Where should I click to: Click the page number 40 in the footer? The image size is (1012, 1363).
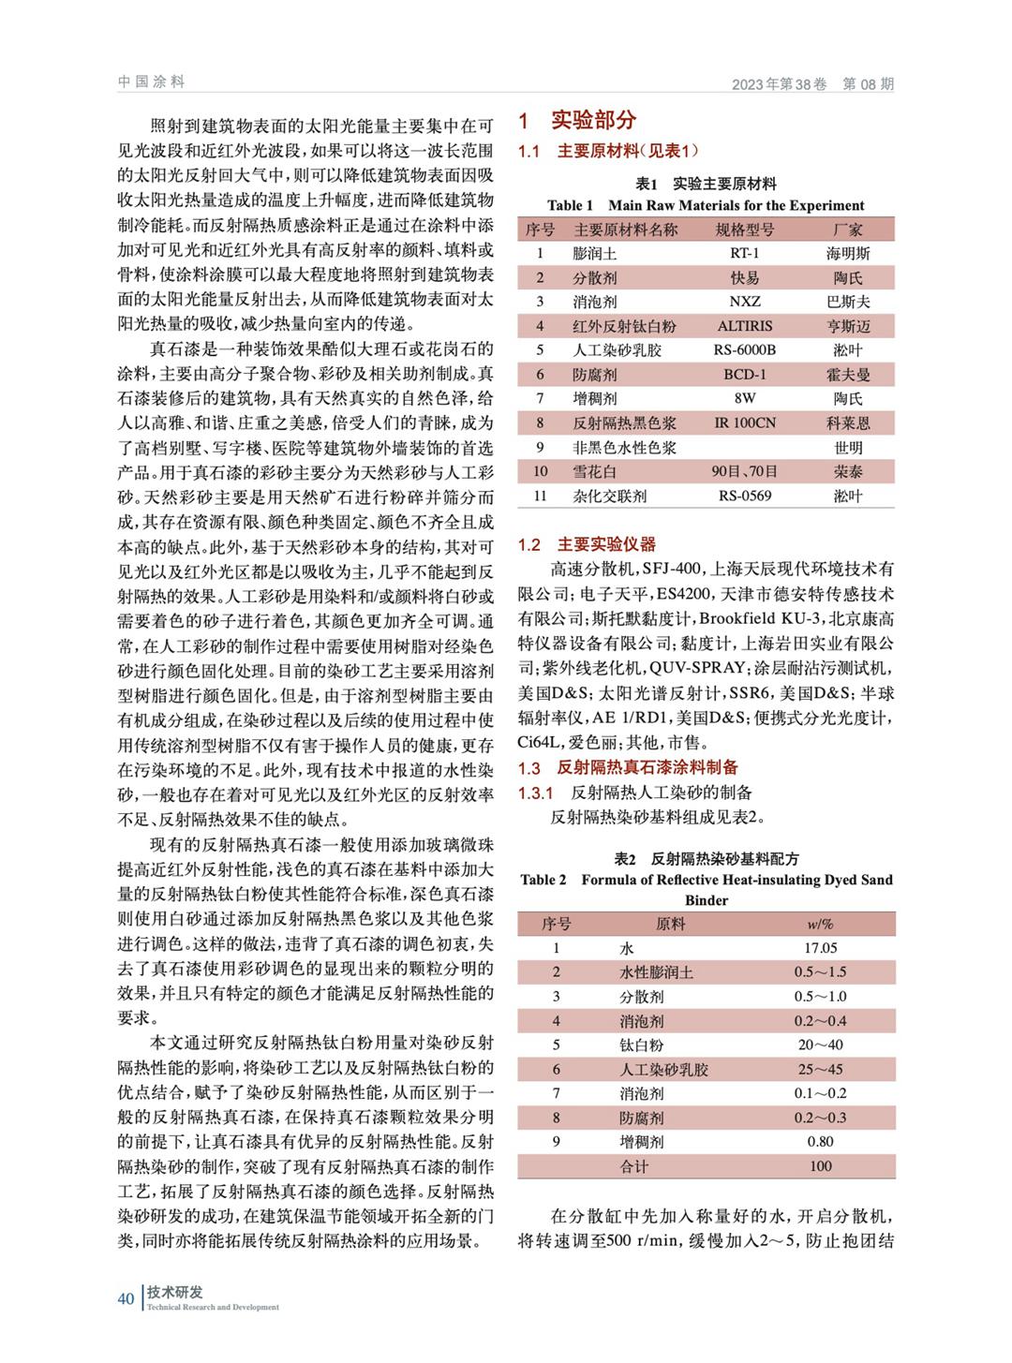(x=126, y=1298)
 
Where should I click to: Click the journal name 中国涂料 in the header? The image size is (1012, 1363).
(x=152, y=82)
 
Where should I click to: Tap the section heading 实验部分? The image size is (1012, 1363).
(x=593, y=120)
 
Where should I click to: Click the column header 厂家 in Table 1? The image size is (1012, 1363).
(x=847, y=229)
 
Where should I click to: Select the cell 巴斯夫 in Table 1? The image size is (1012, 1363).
(x=847, y=302)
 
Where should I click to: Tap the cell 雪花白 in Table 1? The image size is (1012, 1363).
(x=595, y=471)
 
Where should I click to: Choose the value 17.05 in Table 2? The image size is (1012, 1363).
(x=820, y=948)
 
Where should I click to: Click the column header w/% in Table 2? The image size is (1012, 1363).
(x=820, y=924)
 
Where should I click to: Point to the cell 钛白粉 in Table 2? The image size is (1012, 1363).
(x=641, y=1044)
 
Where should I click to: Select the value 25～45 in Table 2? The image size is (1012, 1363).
(x=820, y=1069)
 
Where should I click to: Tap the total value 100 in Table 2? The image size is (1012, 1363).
(x=820, y=1166)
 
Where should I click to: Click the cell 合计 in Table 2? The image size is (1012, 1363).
(x=634, y=1166)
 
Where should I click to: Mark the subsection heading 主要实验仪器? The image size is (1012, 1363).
(x=606, y=544)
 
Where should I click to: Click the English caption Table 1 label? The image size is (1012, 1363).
(x=570, y=205)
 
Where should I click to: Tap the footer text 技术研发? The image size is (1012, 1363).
(x=175, y=1292)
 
